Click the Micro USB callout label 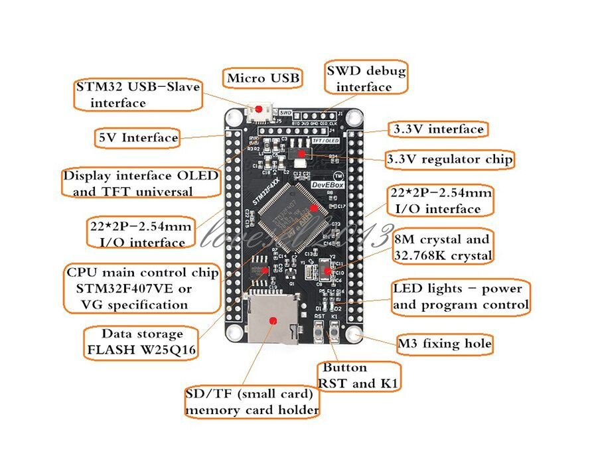262,78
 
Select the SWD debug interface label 364,78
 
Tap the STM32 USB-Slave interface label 137,95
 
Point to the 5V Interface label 138,138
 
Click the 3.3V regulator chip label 449,159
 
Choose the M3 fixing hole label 445,344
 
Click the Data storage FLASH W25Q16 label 141,342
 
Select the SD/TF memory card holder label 252,402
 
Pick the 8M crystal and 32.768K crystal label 442,247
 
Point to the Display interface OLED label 140,183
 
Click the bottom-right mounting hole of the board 352,334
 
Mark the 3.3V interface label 437,129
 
